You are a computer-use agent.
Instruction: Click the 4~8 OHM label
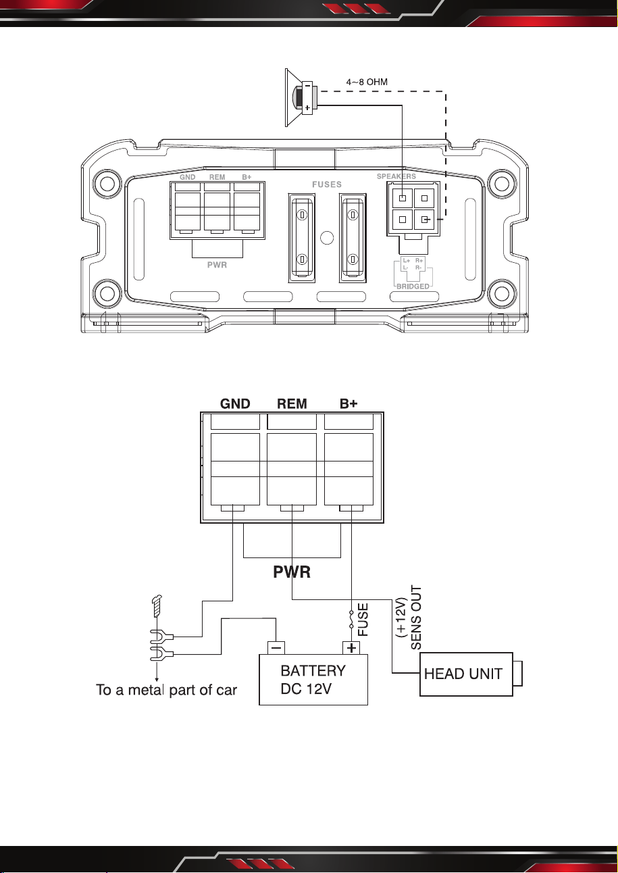[367, 82]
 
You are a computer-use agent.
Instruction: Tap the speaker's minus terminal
[307, 85]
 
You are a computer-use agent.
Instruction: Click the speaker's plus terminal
[307, 107]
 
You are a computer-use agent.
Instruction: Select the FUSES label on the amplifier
[326, 184]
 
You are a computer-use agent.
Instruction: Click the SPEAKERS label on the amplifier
[396, 176]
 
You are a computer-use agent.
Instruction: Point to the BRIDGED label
[413, 286]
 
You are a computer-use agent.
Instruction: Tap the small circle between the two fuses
[326, 238]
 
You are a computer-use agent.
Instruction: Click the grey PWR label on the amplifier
[217, 265]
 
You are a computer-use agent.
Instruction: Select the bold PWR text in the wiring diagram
[292, 572]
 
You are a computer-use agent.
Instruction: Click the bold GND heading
[235, 403]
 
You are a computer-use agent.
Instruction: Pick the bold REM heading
[292, 403]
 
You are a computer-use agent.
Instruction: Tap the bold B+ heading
[349, 403]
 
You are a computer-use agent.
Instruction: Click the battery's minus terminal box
[276, 648]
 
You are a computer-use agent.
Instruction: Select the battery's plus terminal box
[351, 648]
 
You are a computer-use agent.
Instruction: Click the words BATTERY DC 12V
[313, 680]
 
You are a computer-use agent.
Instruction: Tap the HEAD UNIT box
[466, 674]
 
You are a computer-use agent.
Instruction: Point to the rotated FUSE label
[363, 620]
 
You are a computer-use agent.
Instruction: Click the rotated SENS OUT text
[416, 618]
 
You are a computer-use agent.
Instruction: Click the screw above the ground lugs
[157, 606]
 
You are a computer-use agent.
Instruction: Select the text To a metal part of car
[166, 690]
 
